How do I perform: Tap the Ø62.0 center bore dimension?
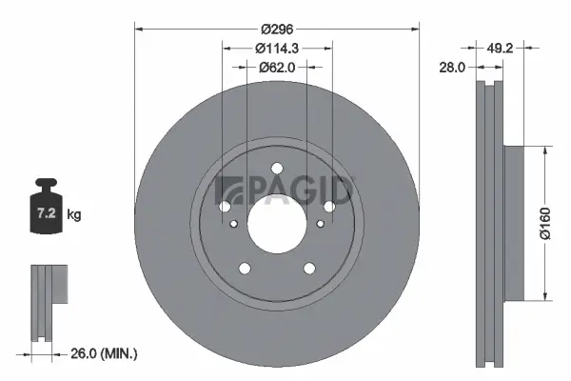(277, 67)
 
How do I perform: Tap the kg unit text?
(74, 215)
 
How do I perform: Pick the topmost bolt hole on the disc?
(277, 170)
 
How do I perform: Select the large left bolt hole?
(225, 207)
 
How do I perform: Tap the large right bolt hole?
(329, 207)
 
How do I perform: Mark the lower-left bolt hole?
(245, 268)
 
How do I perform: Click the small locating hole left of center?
(234, 224)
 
